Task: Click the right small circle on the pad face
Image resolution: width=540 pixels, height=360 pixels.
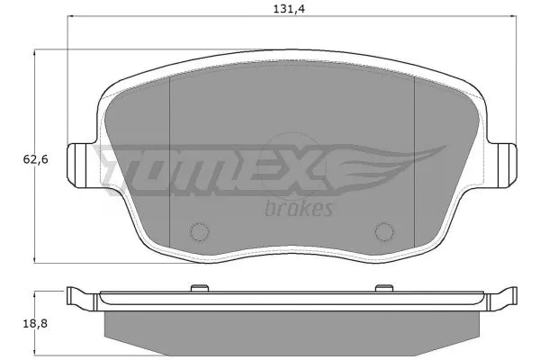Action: click(382, 231)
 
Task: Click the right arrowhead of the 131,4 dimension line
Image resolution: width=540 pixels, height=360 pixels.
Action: click(513, 18)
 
